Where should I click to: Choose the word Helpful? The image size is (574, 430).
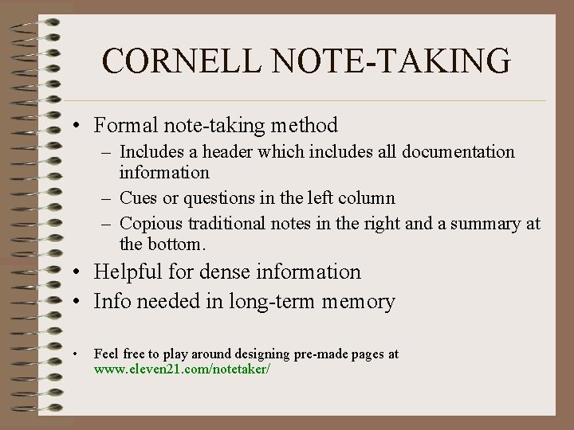click(127, 272)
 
